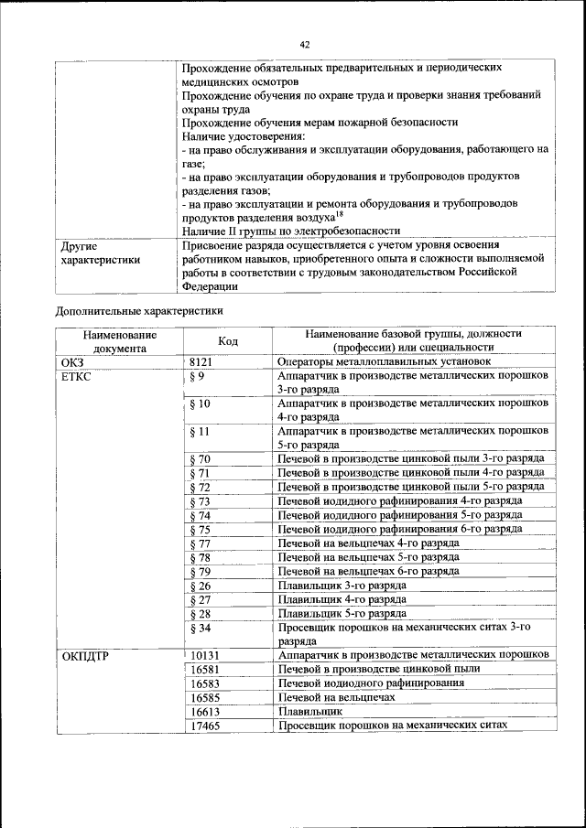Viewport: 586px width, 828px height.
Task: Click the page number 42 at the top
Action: pyautogui.click(x=305, y=43)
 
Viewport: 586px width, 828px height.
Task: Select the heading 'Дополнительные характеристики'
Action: pyautogui.click(x=139, y=310)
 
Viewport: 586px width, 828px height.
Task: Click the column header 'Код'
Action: pyautogui.click(x=228, y=340)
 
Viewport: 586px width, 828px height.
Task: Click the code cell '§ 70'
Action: pyautogui.click(x=200, y=458)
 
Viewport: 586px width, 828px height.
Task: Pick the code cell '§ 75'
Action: pyautogui.click(x=200, y=529)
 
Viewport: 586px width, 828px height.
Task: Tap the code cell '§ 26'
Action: pyautogui.click(x=200, y=586)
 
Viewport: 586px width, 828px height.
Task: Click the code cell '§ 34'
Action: pyautogui.click(x=200, y=628)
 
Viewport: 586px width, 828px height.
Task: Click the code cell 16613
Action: pyautogui.click(x=206, y=711)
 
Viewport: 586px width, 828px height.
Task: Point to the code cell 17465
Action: pyautogui.click(x=206, y=726)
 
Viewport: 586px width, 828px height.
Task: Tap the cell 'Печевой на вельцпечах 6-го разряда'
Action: pyautogui.click(x=369, y=571)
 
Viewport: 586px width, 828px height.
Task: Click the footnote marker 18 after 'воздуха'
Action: pyautogui.click(x=340, y=212)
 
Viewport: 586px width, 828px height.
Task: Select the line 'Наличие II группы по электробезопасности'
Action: pyautogui.click(x=291, y=231)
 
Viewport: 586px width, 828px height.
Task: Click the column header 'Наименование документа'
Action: pyautogui.click(x=118, y=340)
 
